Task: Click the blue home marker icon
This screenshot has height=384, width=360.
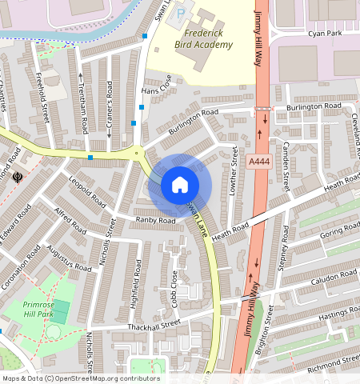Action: pyautogui.click(x=180, y=185)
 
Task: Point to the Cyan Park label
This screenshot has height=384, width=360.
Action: pyautogui.click(x=326, y=34)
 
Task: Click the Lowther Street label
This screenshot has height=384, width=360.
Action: pyautogui.click(x=234, y=168)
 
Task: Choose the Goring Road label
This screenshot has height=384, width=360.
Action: pyautogui.click(x=340, y=233)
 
